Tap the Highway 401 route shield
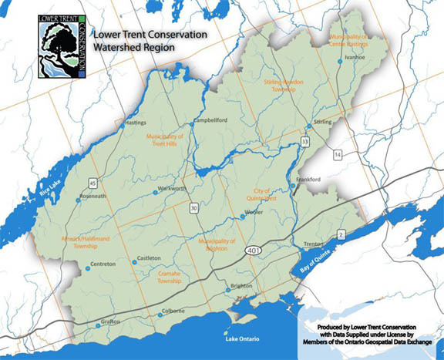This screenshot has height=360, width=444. [254, 252]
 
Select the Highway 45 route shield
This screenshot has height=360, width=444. [93, 183]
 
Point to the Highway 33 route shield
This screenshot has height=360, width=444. [305, 143]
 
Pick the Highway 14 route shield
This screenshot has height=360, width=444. [337, 156]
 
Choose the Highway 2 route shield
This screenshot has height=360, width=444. [340, 234]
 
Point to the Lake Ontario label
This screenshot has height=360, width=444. [238, 339]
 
